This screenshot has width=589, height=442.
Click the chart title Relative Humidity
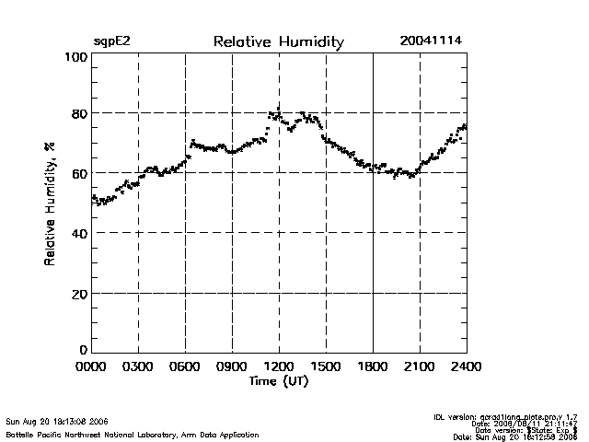(x=278, y=42)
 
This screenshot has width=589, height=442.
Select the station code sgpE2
(x=113, y=42)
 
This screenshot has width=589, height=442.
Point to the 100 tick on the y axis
(x=75, y=57)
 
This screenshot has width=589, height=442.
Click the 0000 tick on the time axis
(x=91, y=366)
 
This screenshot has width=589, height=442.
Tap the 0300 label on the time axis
(x=138, y=366)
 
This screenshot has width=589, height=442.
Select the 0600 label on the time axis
(x=185, y=366)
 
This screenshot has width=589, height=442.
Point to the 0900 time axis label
(x=232, y=366)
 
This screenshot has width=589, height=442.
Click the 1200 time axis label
(x=279, y=366)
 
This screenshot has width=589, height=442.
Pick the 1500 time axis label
(x=326, y=366)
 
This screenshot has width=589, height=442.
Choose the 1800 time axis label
(x=373, y=366)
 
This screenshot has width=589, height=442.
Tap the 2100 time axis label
(x=420, y=366)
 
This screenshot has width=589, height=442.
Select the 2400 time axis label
(x=466, y=366)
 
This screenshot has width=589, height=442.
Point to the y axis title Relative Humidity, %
(x=49, y=204)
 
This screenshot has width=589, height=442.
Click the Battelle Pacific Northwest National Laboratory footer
(x=133, y=434)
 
